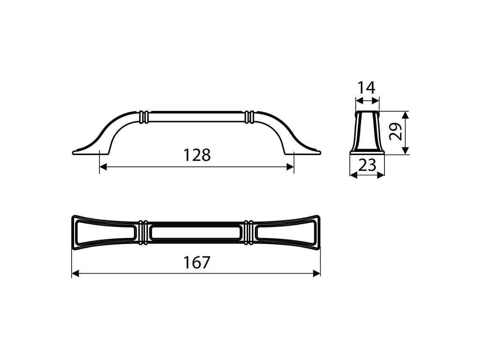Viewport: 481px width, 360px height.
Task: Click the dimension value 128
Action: (197, 155)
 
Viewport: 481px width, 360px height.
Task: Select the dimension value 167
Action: (196, 263)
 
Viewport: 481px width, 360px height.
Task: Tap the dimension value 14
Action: (366, 88)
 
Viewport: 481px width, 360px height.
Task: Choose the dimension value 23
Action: (367, 165)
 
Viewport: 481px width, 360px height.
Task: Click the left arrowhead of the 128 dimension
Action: (102, 167)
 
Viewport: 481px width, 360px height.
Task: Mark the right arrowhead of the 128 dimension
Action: (290, 167)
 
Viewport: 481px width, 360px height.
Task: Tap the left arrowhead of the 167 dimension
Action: (75, 274)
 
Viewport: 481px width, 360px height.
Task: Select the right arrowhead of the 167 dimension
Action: (317, 274)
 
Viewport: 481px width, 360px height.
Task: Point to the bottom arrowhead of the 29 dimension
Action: (405, 151)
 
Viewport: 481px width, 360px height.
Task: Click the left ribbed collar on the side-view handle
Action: (144, 117)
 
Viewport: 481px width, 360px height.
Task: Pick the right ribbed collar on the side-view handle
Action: (249, 117)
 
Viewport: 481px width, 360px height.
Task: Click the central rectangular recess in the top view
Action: (196, 233)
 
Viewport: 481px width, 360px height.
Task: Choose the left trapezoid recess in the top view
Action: (106, 233)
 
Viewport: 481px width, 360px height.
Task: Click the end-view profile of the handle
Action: (367, 132)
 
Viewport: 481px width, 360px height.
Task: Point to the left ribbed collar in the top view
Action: (144, 233)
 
